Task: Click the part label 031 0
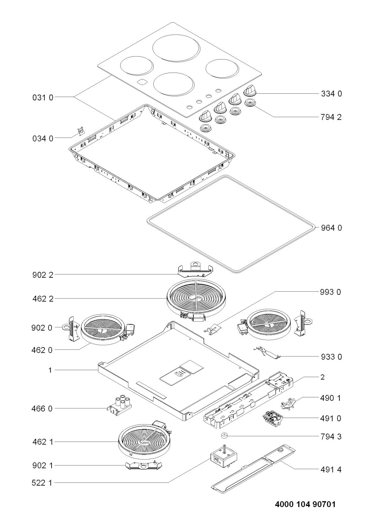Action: (x=43, y=98)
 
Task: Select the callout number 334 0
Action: (x=331, y=94)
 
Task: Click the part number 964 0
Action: (x=331, y=228)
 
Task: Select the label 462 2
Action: (x=43, y=299)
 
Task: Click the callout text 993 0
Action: (x=330, y=292)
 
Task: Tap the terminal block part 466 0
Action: (x=119, y=409)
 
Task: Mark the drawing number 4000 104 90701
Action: (x=305, y=504)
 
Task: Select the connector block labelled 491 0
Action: (x=273, y=419)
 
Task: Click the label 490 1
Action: (x=330, y=398)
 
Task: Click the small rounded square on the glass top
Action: (x=142, y=82)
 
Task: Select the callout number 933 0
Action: (x=331, y=357)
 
